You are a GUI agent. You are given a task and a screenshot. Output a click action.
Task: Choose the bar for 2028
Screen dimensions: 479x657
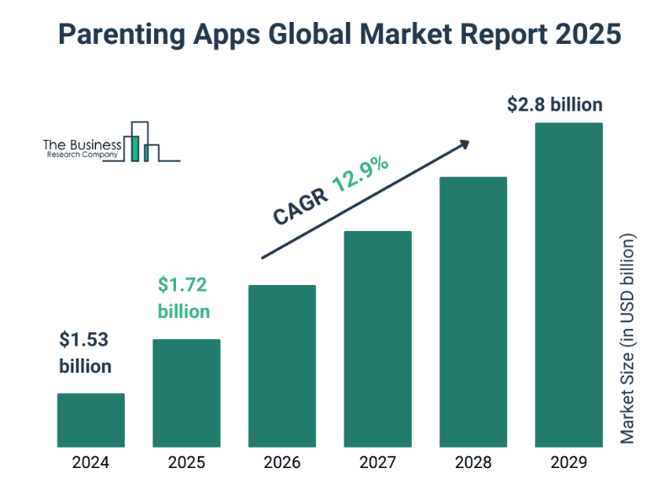tap(473, 311)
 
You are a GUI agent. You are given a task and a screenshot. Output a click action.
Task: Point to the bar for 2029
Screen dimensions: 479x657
tap(569, 284)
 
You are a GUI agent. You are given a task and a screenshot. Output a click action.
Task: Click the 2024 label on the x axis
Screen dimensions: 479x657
tap(91, 462)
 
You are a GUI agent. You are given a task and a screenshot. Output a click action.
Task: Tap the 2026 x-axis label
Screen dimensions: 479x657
tap(281, 462)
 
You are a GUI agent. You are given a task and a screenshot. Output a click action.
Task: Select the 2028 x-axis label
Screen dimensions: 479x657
tap(473, 462)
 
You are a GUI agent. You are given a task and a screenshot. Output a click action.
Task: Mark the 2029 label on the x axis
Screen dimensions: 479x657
tap(569, 462)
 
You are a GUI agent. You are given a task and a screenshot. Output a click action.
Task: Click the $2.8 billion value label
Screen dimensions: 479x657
tap(555, 105)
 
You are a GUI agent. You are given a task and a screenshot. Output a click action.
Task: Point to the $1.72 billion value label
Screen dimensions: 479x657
tap(184, 298)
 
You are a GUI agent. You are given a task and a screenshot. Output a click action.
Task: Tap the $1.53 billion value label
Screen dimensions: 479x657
tap(85, 353)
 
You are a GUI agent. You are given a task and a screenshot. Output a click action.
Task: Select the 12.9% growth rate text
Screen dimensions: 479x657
tap(360, 173)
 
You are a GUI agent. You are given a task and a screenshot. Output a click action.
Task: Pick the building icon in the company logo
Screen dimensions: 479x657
tap(141, 143)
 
